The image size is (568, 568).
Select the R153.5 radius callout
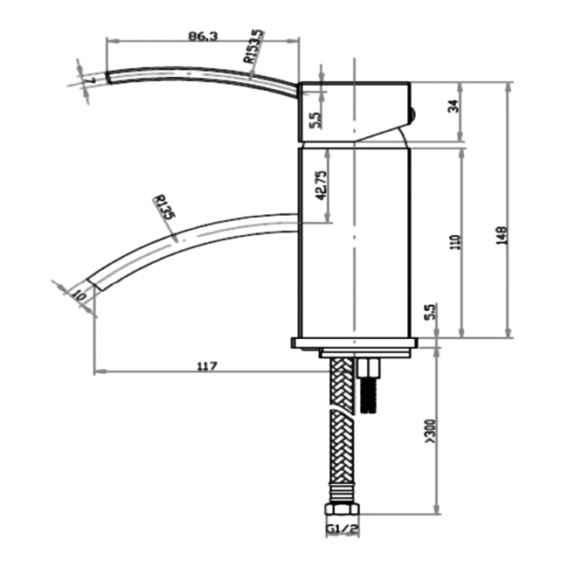[x=254, y=47]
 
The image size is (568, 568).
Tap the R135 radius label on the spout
[x=163, y=209]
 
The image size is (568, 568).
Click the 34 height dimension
[x=453, y=107]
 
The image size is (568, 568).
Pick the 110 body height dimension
[x=453, y=242]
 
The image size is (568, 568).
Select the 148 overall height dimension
[x=501, y=235]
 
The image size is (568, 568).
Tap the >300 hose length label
[x=429, y=430]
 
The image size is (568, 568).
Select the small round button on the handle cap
[x=413, y=112]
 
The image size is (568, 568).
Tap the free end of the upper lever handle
[x=107, y=77]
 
